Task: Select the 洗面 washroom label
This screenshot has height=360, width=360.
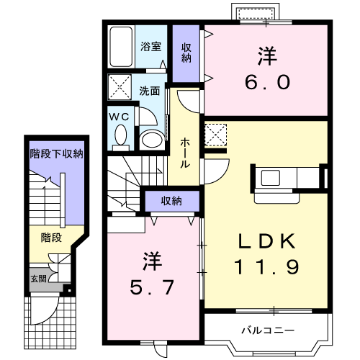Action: (x=150, y=91)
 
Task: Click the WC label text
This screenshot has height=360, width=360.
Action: (x=119, y=115)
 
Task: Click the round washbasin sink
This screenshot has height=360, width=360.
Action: (x=151, y=138)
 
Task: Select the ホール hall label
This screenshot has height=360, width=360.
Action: (x=185, y=153)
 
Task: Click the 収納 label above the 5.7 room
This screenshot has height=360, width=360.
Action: (x=171, y=200)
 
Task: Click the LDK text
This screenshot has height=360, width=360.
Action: (x=266, y=240)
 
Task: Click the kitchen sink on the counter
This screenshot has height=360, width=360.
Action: (x=274, y=177)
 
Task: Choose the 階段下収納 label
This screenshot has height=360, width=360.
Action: (x=56, y=154)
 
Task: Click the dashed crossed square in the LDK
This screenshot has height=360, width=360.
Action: (x=215, y=135)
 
